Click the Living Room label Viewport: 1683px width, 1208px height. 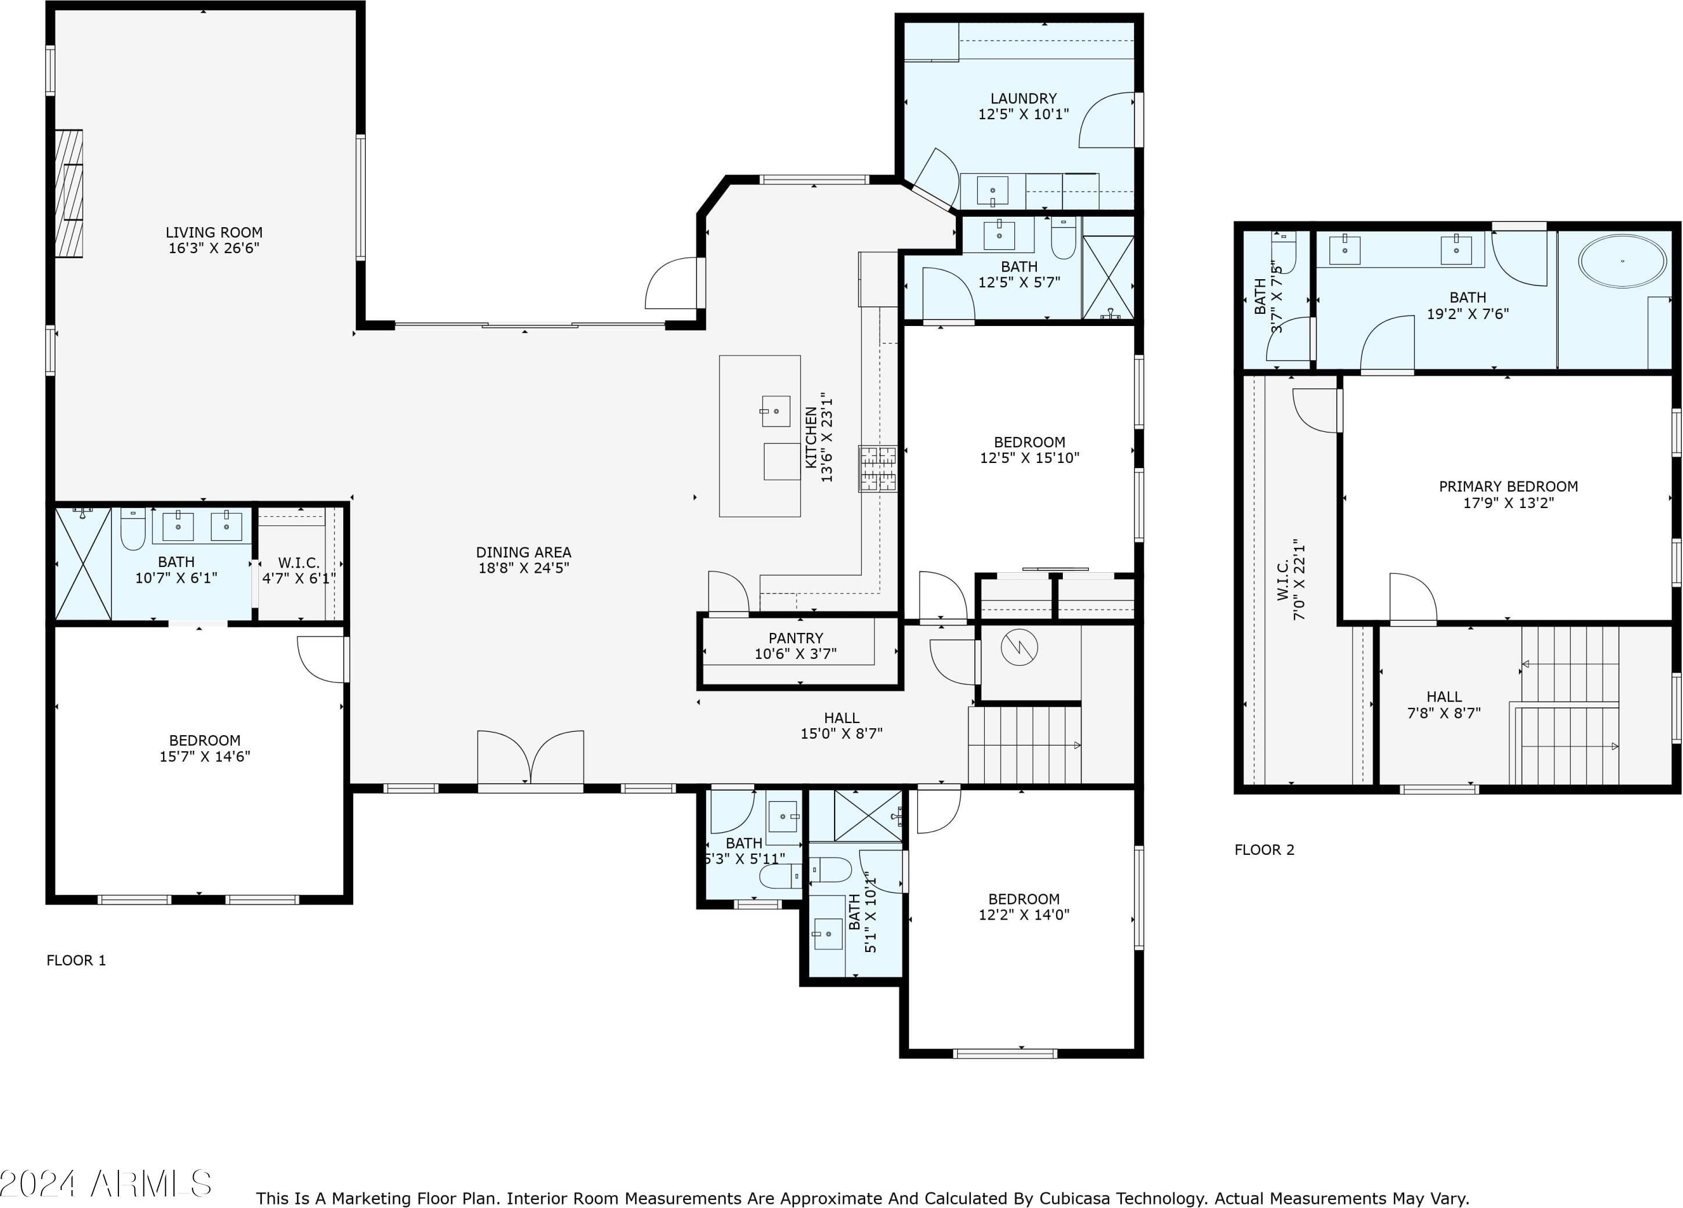click(214, 232)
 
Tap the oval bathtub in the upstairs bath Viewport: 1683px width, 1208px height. click(1622, 261)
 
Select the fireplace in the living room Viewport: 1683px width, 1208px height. click(69, 194)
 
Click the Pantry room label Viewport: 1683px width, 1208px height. click(795, 638)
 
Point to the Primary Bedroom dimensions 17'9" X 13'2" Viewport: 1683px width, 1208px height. click(1508, 502)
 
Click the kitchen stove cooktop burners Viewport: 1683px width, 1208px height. click(878, 468)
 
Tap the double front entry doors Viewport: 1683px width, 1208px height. click(531, 758)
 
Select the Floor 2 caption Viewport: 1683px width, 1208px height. click(1265, 850)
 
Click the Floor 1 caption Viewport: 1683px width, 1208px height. click(76, 960)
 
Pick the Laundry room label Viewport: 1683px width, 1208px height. click(1024, 98)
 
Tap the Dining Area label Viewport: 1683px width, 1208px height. click(524, 552)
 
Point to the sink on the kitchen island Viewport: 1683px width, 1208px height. click(776, 411)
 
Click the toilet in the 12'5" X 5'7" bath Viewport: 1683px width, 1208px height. click(1063, 238)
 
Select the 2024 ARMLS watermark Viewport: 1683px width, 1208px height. click(106, 1184)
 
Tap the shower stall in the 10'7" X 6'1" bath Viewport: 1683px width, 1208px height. click(83, 563)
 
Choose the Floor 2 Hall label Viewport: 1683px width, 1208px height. click(1444, 696)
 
